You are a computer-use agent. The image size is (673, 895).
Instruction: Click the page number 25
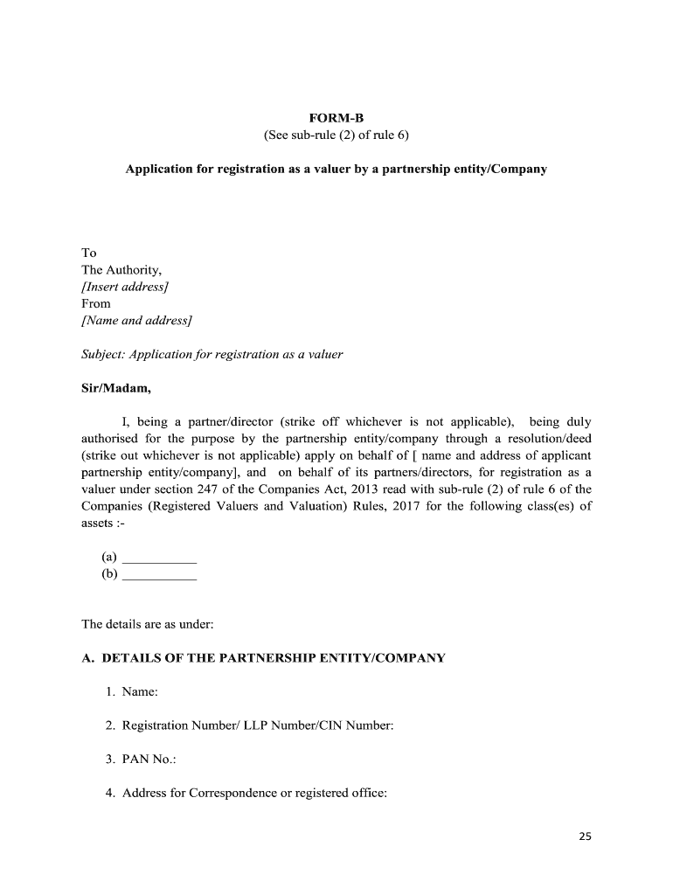pos(585,836)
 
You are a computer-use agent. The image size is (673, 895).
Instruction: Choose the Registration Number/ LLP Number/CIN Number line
pos(258,725)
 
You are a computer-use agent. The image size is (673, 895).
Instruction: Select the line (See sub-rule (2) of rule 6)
pos(336,135)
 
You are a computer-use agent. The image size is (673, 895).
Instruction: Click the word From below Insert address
pos(96,303)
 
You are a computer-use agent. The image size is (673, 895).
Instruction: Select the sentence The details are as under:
pos(147,625)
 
